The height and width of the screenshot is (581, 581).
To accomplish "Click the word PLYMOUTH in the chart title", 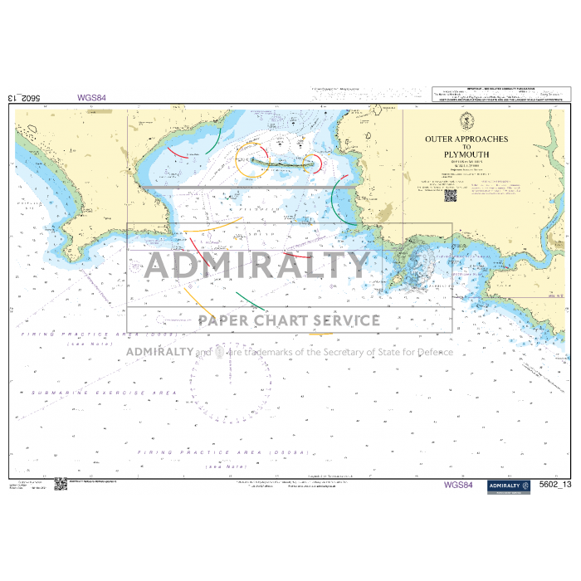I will [x=466, y=154].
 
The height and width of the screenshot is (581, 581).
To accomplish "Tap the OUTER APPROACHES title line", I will [x=466, y=139].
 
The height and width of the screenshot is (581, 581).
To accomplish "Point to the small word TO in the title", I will [x=466, y=147].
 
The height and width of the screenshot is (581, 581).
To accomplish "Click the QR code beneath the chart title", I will [x=451, y=196].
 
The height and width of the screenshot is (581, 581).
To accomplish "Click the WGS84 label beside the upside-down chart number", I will [x=92, y=97].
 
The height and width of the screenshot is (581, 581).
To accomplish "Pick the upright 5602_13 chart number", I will [x=555, y=485].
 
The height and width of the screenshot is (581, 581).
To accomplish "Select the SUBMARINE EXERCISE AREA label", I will [x=105, y=392].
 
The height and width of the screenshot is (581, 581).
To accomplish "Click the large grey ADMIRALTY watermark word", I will [x=257, y=266].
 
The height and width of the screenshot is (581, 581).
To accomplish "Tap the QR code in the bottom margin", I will [x=60, y=484].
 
